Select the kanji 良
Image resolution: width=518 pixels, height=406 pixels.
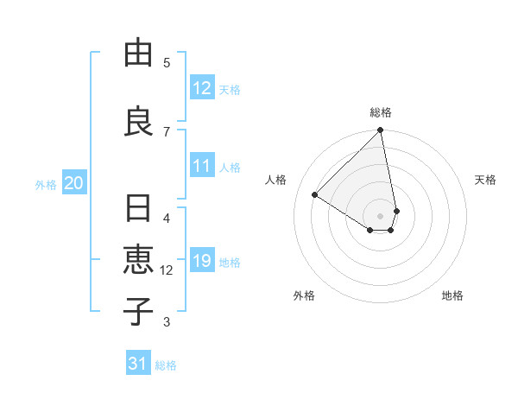pyautogui.click(x=138, y=120)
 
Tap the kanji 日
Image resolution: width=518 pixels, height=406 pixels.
pyautogui.click(x=138, y=209)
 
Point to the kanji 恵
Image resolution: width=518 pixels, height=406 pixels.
pyautogui.click(x=138, y=259)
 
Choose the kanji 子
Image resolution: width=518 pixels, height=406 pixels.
pyautogui.click(x=138, y=309)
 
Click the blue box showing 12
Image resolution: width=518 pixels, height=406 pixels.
pyautogui.click(x=201, y=89)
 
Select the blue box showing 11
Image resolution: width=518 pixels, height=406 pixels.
pyautogui.click(x=201, y=167)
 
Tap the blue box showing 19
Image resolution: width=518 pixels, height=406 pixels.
pyautogui.click(x=201, y=262)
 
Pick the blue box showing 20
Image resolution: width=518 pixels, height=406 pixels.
pyautogui.click(x=73, y=183)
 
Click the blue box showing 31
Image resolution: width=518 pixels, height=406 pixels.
pyautogui.click(x=138, y=365)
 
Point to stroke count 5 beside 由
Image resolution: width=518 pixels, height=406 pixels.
pyautogui.click(x=167, y=62)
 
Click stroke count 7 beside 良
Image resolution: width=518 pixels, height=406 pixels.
pyautogui.click(x=167, y=130)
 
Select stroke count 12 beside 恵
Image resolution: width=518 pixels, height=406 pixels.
pyautogui.click(x=167, y=270)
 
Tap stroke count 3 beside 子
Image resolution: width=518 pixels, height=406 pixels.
pyautogui.click(x=167, y=322)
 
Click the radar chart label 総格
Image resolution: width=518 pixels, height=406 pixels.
pyautogui.click(x=381, y=112)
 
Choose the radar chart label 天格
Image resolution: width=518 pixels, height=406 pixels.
pyautogui.click(x=485, y=180)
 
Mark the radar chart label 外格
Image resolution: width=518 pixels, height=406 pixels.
pyautogui.click(x=304, y=295)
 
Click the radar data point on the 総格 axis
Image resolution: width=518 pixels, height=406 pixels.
pyautogui.click(x=381, y=131)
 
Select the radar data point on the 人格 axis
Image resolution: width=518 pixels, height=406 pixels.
pyautogui.click(x=315, y=194)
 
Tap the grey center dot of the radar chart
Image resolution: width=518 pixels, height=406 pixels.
pyautogui.click(x=381, y=215)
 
